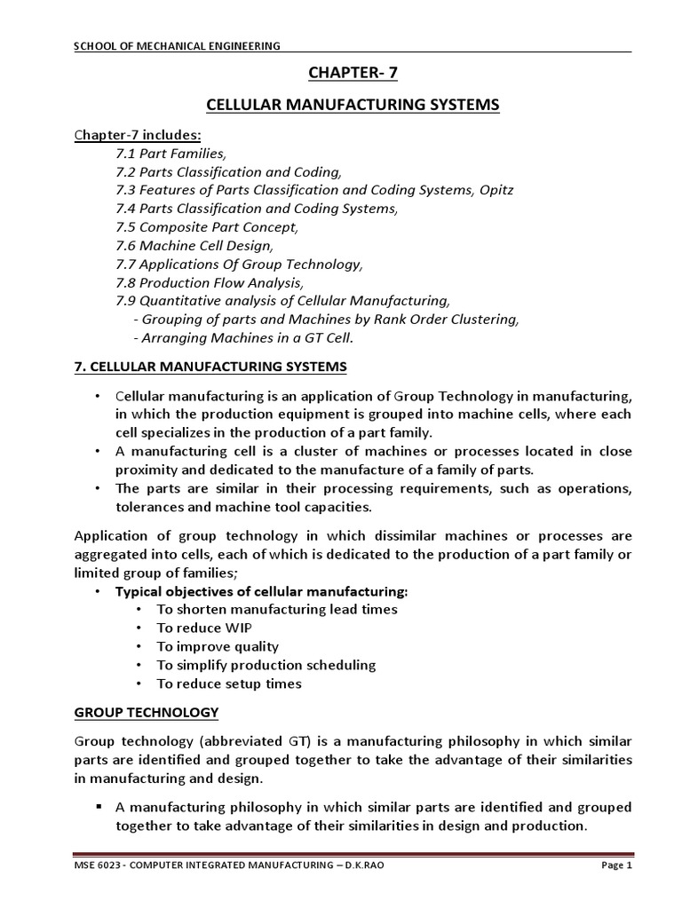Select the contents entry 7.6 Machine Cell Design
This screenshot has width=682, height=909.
(x=195, y=246)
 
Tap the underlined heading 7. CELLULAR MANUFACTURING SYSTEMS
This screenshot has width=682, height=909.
(x=210, y=366)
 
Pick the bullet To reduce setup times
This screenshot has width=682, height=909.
(x=228, y=684)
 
